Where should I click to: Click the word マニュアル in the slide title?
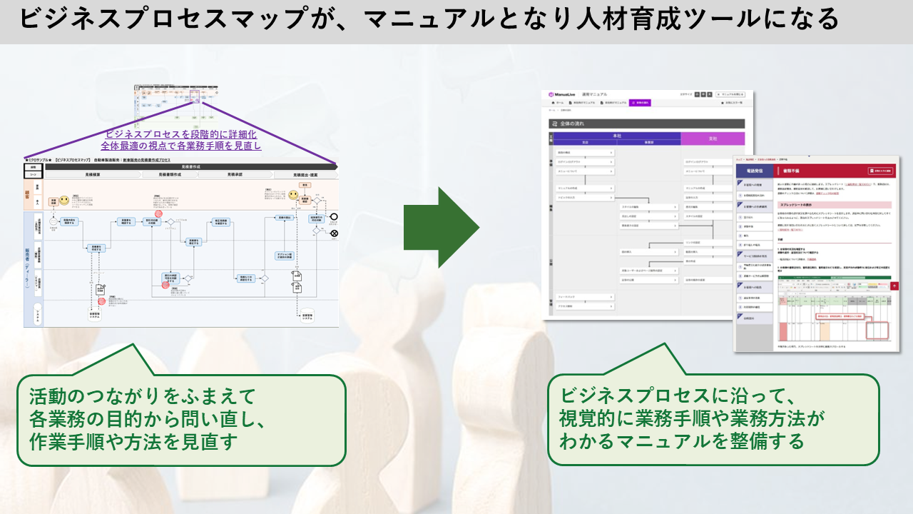(434, 19)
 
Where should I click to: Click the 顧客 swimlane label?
(37, 193)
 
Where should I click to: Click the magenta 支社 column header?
(712, 137)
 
